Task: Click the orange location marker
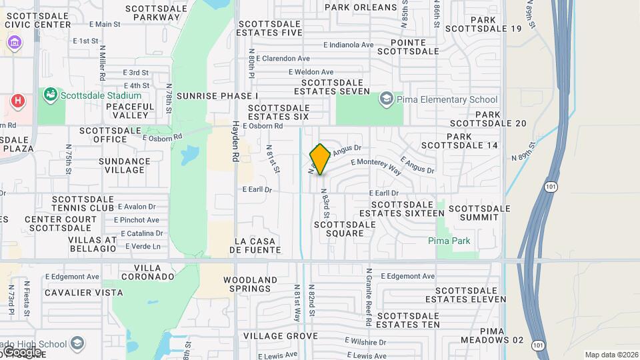tap(320, 160)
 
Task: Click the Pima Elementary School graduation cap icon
tap(386, 99)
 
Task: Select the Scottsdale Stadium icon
tap(49, 95)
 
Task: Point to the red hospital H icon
tap(18, 101)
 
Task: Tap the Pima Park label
tap(449, 241)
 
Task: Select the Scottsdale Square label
tap(345, 229)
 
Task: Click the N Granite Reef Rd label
tap(368, 297)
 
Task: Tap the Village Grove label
tap(280, 335)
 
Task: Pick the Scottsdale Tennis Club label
tap(83, 203)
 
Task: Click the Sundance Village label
tap(125, 165)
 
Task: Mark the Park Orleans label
tap(361, 7)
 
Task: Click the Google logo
tap(21, 351)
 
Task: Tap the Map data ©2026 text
tap(611, 355)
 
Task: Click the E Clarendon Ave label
tap(283, 59)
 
